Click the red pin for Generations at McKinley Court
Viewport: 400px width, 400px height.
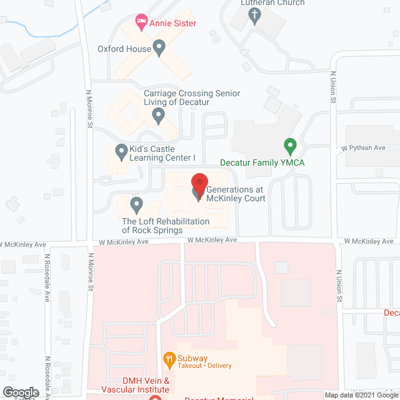[x=199, y=186]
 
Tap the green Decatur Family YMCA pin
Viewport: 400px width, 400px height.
[x=289, y=147]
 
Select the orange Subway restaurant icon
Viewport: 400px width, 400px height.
[x=168, y=358]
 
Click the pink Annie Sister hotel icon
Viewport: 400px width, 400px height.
[x=142, y=23]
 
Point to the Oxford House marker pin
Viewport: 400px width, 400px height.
[x=159, y=47]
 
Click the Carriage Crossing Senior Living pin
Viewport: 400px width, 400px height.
[x=159, y=115]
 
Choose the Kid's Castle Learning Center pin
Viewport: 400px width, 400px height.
[x=121, y=152]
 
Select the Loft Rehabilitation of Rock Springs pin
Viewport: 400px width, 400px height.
[x=136, y=204]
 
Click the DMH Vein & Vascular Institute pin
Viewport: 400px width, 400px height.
[x=155, y=397]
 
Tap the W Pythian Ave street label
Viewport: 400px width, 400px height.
[x=363, y=148]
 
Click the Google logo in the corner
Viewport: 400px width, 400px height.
[x=21, y=392]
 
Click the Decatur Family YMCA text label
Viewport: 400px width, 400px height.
[x=262, y=162]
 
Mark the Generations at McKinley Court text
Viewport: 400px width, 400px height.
[x=236, y=194]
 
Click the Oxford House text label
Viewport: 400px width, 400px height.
[x=124, y=49]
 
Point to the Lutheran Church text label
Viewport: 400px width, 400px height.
[x=273, y=3]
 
